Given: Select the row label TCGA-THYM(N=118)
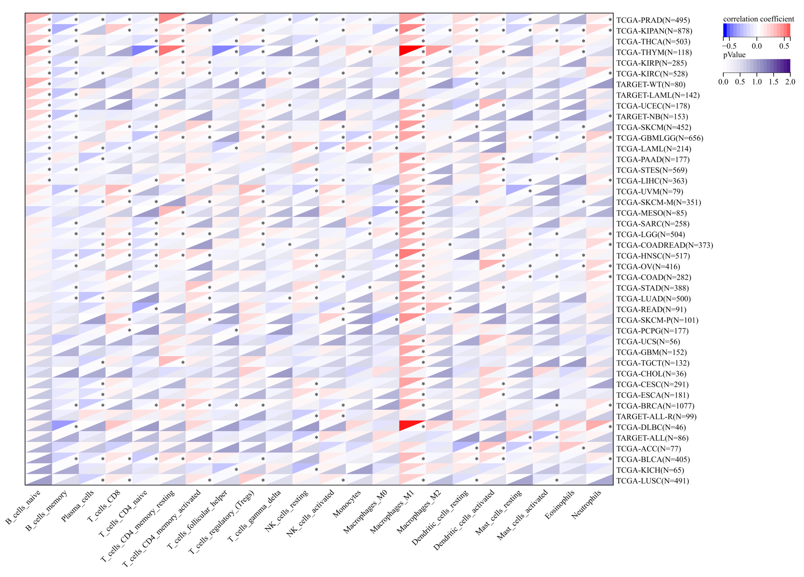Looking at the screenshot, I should tap(654, 52).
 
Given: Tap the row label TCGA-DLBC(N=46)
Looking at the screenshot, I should tap(651, 427).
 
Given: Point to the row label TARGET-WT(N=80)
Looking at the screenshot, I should tap(650, 85).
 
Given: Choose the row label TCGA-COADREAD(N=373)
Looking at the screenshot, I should tap(664, 245).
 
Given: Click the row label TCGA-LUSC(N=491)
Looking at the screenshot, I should tap(652, 481).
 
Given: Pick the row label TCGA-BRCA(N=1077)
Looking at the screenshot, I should tap(655, 406).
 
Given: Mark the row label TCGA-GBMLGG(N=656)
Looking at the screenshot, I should tap(659, 138).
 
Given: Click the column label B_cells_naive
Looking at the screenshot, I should tap(23, 507).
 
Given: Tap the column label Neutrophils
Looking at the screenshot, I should tap(586, 505).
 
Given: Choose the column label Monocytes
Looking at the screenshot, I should tap(347, 503).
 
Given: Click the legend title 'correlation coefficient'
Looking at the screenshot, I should tap(759, 19).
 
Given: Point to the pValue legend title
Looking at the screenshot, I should tap(734, 55).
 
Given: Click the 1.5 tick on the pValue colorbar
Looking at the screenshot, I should tap(773, 82).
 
